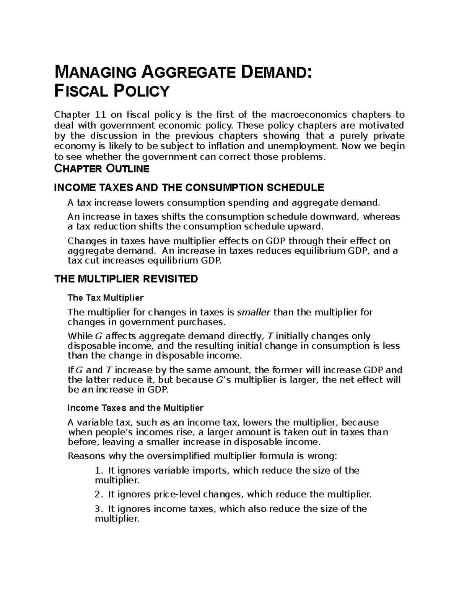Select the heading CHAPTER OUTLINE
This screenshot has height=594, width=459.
click(x=102, y=168)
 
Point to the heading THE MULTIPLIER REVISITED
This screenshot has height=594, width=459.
click(x=126, y=279)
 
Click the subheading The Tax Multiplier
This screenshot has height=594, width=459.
click(x=105, y=298)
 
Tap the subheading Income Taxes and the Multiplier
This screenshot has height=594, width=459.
click(x=135, y=408)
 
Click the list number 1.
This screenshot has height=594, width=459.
click(x=98, y=471)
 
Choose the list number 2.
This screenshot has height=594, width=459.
click(x=98, y=495)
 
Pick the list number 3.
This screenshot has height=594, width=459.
click(x=98, y=509)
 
